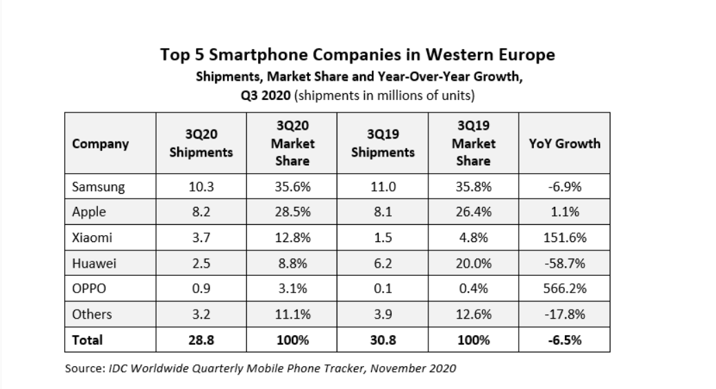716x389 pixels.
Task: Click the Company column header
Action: (100, 144)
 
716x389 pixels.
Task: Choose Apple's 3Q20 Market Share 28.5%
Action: (292, 212)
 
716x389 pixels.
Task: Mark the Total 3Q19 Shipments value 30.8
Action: (383, 340)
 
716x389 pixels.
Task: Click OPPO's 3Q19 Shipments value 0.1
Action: (383, 289)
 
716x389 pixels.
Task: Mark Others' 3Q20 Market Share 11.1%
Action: (292, 315)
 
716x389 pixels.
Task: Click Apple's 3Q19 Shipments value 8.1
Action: (383, 212)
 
